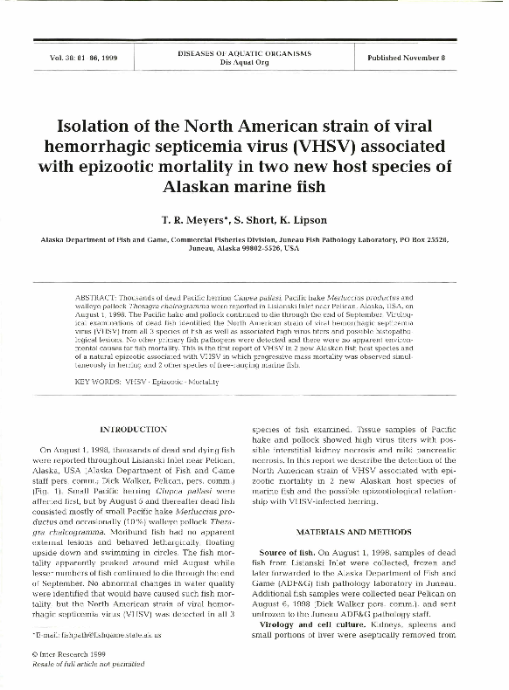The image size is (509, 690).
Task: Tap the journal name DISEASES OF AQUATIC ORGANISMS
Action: [250, 53]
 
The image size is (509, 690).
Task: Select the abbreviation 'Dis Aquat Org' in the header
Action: [250, 63]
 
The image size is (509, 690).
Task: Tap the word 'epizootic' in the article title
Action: [142, 165]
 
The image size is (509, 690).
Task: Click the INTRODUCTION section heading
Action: [134, 430]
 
